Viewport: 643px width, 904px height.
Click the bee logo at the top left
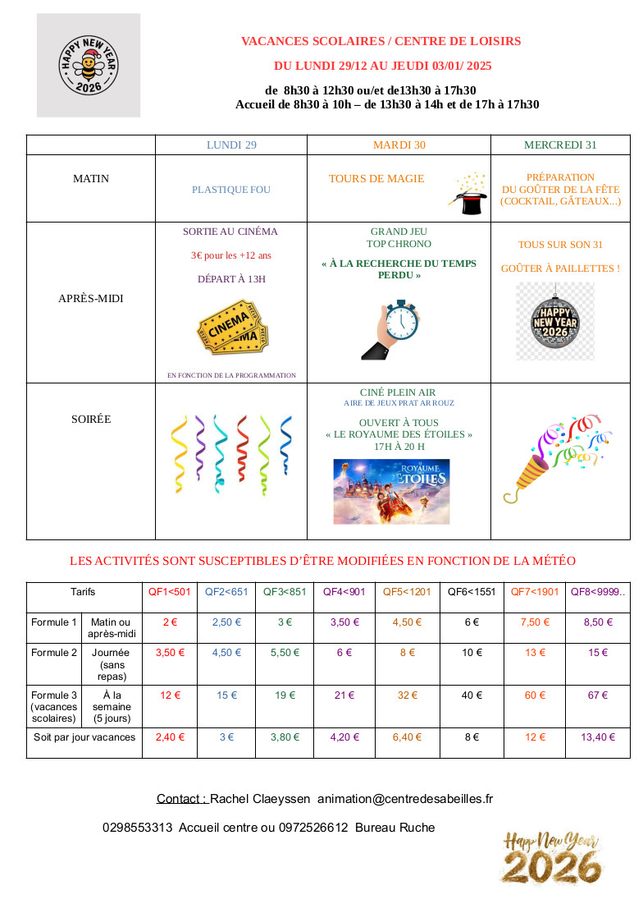coord(89,66)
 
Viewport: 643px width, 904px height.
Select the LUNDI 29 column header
coord(231,145)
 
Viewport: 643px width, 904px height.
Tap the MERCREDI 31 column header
coord(560,145)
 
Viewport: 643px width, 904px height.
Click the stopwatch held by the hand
coord(392,330)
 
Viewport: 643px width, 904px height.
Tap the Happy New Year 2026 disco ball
coord(555,321)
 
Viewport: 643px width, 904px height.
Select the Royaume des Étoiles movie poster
coord(391,491)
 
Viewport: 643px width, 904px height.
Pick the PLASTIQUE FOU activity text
coord(231,190)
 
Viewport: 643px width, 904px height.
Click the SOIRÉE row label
coord(91,420)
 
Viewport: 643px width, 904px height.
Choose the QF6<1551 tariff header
coord(472,592)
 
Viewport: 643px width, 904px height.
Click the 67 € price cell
coord(598,695)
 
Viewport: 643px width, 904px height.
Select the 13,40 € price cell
coord(598,737)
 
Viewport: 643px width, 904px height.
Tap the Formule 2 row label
coord(54,653)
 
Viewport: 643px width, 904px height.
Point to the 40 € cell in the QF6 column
coord(472,695)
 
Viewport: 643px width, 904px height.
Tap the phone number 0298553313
coord(138,828)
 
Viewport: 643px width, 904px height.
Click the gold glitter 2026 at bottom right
coord(551,867)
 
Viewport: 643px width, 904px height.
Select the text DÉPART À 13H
coord(231,279)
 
